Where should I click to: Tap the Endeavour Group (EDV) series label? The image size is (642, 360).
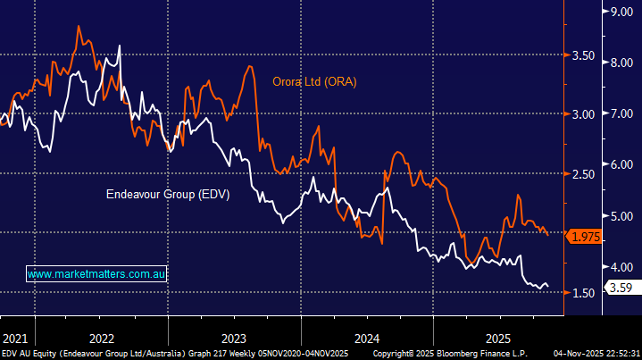coord(168,194)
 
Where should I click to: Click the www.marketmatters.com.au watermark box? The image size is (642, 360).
coord(98,275)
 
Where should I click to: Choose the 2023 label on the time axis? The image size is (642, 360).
coord(233,339)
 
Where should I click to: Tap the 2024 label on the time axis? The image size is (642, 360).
coord(366,339)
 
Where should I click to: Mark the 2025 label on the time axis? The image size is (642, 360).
coord(498,339)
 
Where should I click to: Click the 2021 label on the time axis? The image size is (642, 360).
coord(15,339)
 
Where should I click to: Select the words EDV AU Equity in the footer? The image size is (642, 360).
coord(31,354)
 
